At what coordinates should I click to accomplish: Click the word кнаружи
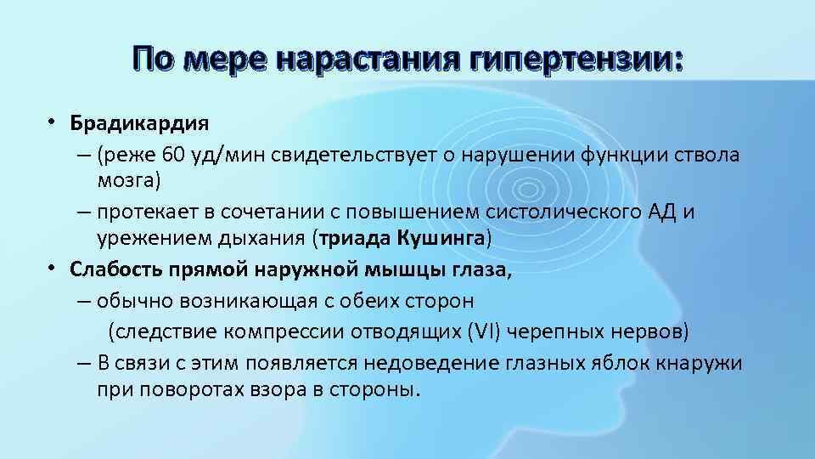[x=700, y=363]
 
